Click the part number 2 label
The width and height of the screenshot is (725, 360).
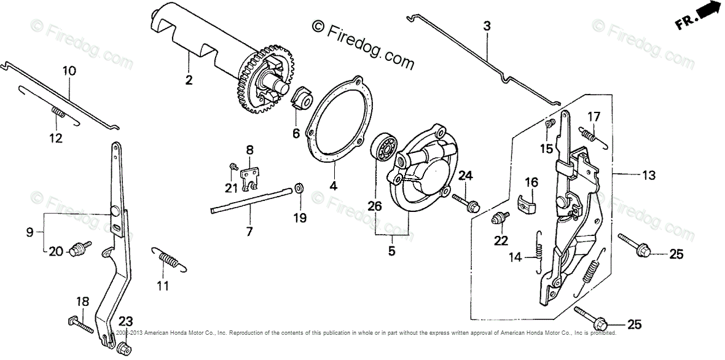tap(189, 80)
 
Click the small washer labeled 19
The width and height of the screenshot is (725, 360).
tap(299, 187)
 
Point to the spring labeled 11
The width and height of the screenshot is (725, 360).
tap(167, 259)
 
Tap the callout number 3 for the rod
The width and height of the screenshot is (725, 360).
tap(487, 26)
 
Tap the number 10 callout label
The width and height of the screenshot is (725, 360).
tap(69, 71)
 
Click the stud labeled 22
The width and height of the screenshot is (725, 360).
tap(500, 218)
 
